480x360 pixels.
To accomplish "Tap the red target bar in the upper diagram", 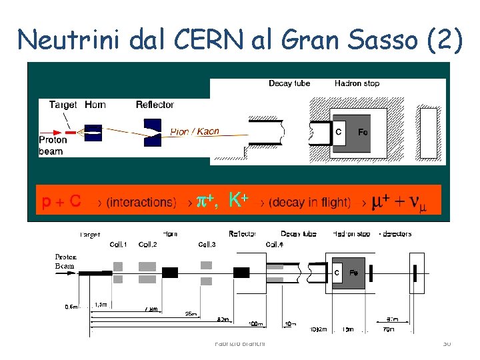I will pos(71,132).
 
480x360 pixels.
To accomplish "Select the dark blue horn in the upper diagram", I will pos(93,132).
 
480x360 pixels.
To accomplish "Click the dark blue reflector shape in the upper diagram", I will pos(153,131).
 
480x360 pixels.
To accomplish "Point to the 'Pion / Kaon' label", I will pos(194,131).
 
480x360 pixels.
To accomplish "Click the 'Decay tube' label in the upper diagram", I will pos(289,83).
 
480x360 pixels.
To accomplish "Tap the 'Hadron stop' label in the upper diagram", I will pos(357,83).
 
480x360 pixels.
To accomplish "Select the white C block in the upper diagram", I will pos(338,132).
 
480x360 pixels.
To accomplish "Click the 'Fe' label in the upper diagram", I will pos(363,132).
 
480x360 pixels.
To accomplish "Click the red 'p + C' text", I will pos(61,201).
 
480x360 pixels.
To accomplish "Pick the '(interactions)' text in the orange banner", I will pos(141,202).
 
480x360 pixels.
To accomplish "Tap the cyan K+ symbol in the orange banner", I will pos(238,200).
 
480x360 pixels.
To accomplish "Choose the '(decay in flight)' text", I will pos(309,202).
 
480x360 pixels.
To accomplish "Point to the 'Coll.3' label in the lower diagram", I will pos(207,245).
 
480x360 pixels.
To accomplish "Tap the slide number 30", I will pos(447,343).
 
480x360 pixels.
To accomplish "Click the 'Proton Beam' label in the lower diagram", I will pos(65,261).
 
